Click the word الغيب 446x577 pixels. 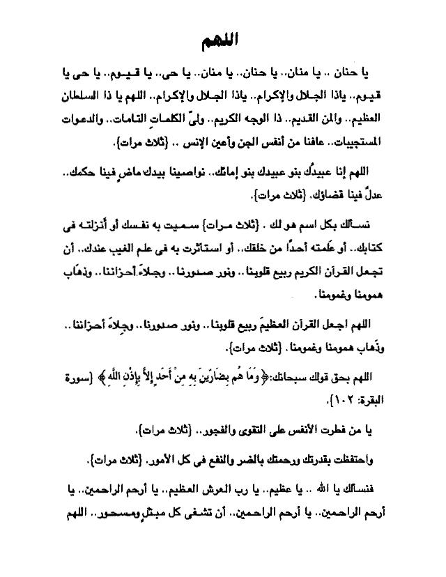(x=116, y=250)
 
